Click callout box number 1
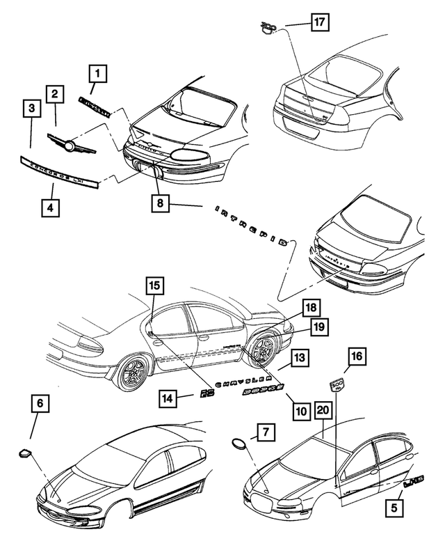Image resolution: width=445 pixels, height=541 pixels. tap(98, 72)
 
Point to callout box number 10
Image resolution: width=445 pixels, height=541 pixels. tap(300, 411)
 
